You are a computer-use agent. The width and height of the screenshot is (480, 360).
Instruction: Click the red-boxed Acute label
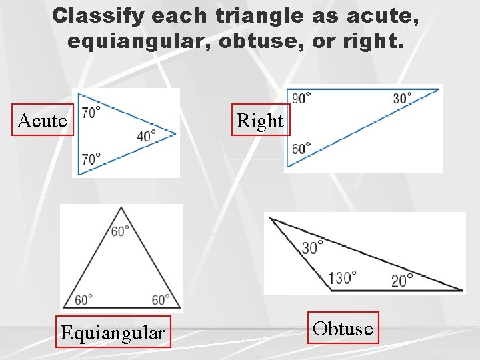pyautogui.click(x=42, y=120)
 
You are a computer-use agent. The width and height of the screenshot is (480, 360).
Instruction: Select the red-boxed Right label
pyautogui.click(x=260, y=120)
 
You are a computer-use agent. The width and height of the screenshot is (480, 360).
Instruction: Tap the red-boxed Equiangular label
pyautogui.click(x=112, y=331)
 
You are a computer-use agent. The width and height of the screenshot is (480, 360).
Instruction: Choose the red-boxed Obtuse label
pyautogui.click(x=343, y=327)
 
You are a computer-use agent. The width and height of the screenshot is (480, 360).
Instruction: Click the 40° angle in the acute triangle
pyautogui.click(x=147, y=135)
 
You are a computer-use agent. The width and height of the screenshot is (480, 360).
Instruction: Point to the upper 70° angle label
pyautogui.click(x=91, y=113)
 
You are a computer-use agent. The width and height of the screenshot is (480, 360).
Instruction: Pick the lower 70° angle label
pyautogui.click(x=91, y=159)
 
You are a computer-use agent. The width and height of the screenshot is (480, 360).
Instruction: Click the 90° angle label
pyautogui.click(x=301, y=98)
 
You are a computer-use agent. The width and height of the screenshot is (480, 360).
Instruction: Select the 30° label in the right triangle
pyautogui.click(x=403, y=98)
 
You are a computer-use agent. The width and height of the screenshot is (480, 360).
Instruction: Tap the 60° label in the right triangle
pyautogui.click(x=301, y=148)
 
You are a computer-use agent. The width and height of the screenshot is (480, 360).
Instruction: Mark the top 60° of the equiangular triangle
pyautogui.click(x=121, y=231)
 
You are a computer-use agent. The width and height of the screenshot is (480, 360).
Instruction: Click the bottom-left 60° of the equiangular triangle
pyautogui.click(x=84, y=299)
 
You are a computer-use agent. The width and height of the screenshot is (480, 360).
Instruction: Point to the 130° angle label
pyautogui.click(x=342, y=277)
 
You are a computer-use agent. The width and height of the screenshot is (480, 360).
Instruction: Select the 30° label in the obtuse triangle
pyautogui.click(x=313, y=247)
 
